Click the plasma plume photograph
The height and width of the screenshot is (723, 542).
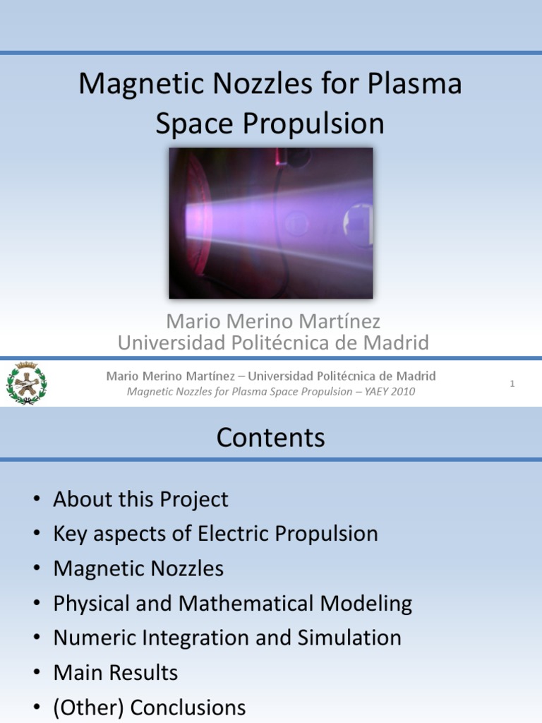click(x=270, y=222)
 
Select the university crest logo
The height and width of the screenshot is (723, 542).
click(x=27, y=384)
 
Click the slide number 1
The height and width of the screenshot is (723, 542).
click(x=512, y=383)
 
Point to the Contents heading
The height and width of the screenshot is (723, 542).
click(x=270, y=438)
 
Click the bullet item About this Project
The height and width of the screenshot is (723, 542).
click(x=140, y=500)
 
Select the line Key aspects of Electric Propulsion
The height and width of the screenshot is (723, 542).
click(x=215, y=534)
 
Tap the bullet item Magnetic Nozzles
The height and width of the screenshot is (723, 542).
click(x=138, y=568)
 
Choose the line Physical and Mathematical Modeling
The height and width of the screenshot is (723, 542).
click(x=232, y=603)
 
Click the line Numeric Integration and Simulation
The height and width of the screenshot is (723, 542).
click(x=227, y=638)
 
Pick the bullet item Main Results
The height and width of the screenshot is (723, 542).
click(x=115, y=672)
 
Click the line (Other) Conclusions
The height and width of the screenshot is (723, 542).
click(x=149, y=707)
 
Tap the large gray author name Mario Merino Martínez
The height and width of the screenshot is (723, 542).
click(x=273, y=322)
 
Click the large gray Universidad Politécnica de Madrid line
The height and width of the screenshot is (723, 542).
click(x=273, y=343)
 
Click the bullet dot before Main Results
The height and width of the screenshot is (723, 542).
click(x=36, y=673)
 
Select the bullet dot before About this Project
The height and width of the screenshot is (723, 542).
click(x=36, y=501)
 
